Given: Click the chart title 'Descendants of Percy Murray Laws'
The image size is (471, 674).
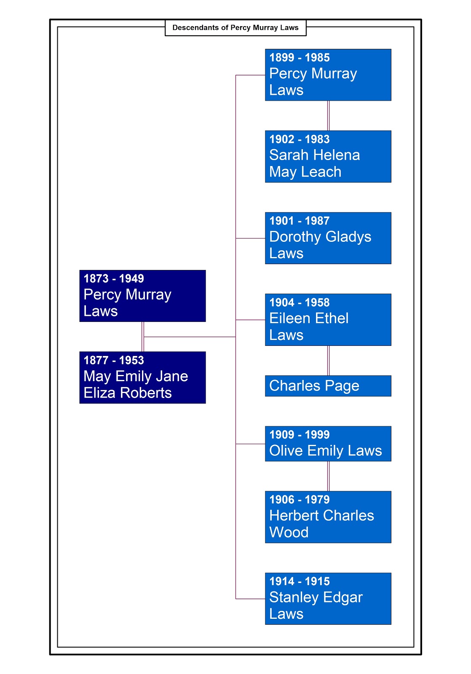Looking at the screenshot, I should tap(235, 28).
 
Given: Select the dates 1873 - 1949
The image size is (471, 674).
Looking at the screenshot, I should tap(114, 278).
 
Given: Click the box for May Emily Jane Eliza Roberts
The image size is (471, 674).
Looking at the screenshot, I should tap(142, 377).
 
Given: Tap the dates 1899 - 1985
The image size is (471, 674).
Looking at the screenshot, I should tap(300, 58).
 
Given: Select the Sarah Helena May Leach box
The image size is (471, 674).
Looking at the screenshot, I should tap(328, 157).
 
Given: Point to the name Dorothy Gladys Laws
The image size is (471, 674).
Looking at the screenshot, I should tap(320, 245).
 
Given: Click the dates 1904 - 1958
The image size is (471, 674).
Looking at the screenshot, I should tap(300, 302).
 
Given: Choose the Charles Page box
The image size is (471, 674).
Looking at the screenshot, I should tap(328, 386).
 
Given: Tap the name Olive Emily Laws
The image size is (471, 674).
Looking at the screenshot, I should tap(325, 451).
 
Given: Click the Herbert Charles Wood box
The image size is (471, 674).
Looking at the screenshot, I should tap(328, 517).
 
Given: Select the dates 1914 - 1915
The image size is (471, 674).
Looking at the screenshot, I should tap(300, 581).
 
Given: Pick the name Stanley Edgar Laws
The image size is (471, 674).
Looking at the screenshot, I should tap(316, 605).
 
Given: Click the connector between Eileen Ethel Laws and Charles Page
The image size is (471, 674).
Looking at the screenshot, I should tap(329, 361).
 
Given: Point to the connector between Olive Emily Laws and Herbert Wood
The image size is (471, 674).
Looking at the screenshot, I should tap(329, 476).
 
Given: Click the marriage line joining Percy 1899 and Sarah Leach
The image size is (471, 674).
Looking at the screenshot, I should tap(329, 116).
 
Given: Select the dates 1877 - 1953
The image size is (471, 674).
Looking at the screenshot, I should tap(114, 360).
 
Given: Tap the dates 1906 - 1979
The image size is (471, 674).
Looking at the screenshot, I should tap(300, 500).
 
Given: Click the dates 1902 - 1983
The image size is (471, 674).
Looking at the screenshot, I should tap(300, 139).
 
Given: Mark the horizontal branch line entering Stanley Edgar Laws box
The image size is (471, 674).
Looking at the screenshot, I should tap(250, 599).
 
